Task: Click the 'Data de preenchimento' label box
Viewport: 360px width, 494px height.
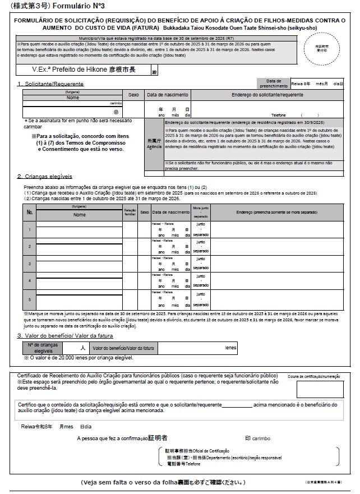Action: point(273,83)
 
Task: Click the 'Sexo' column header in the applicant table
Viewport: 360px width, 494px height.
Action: point(133,95)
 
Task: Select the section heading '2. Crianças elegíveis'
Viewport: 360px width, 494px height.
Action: point(44,177)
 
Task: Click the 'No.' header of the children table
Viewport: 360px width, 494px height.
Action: point(29,212)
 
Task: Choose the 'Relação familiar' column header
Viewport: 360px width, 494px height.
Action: point(130,212)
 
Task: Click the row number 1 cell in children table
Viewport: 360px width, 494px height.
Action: point(29,229)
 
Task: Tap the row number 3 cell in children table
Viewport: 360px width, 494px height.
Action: point(29,263)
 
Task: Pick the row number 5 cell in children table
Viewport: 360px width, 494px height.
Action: point(29,298)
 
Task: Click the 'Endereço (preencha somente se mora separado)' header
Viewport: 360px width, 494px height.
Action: point(276,212)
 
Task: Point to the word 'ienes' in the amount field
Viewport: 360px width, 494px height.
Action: point(230,348)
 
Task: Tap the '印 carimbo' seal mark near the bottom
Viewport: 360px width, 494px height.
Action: point(257,438)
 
